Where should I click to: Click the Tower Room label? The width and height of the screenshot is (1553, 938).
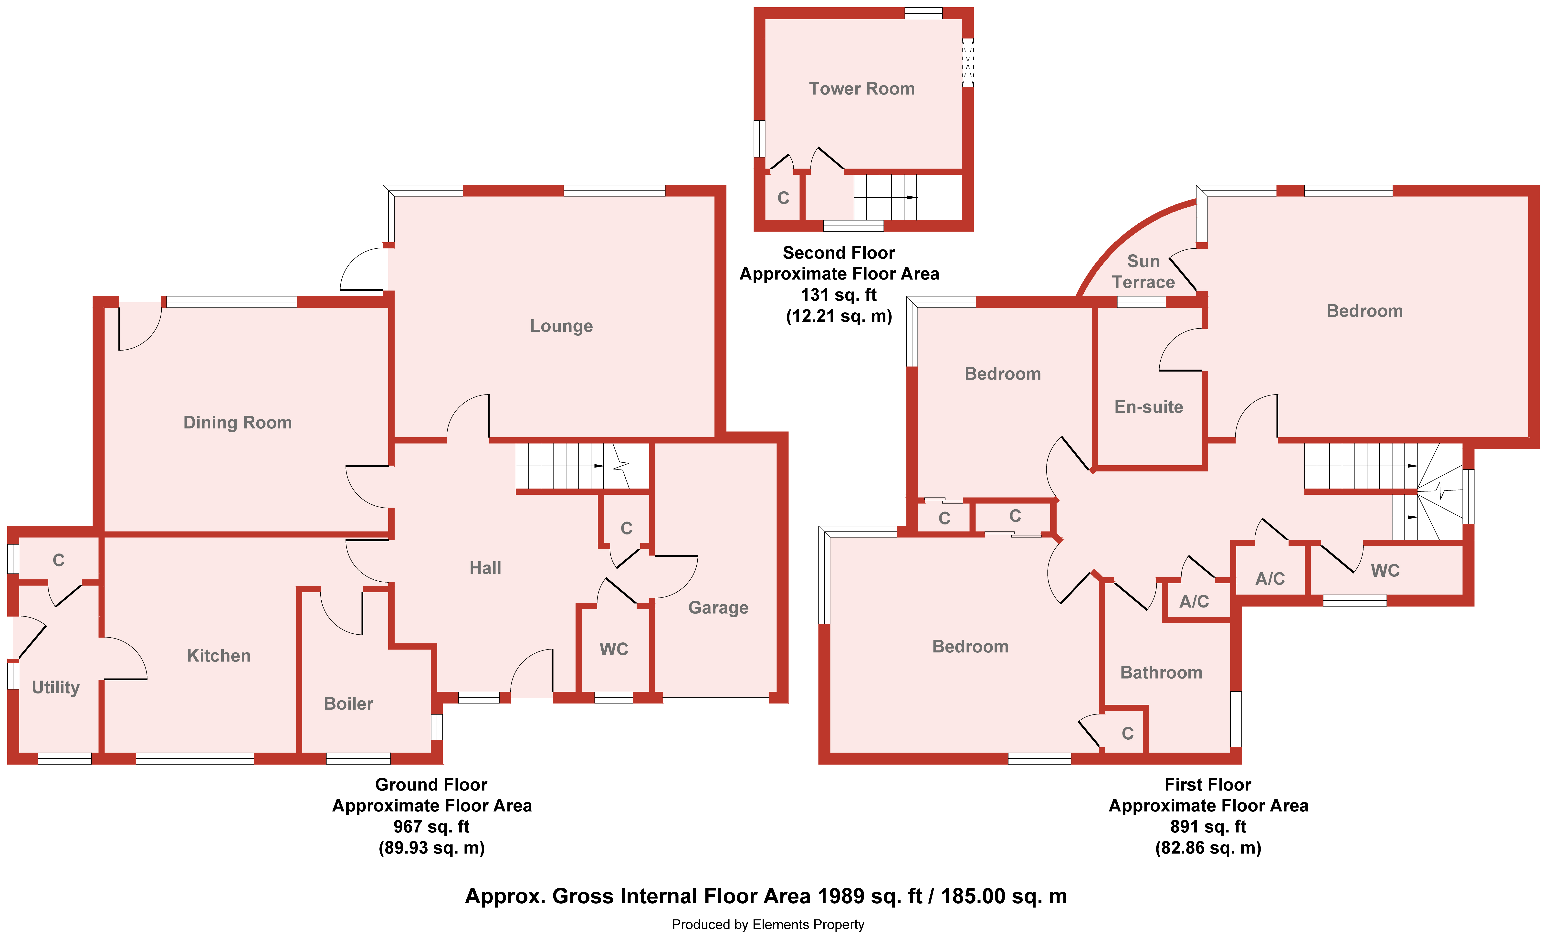coord(861,89)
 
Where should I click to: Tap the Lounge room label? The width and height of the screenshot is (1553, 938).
coord(561,326)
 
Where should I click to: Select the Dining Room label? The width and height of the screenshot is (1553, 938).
coord(238,422)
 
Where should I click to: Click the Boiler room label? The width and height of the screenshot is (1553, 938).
coord(348,703)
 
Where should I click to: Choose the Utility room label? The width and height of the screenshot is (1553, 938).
coord(56,687)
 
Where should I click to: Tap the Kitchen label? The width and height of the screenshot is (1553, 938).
coord(219,656)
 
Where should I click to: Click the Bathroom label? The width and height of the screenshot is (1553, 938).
coord(1161,673)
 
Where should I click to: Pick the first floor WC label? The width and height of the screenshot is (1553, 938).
coord(1385,570)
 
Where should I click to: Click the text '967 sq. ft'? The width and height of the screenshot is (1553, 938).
coord(432,826)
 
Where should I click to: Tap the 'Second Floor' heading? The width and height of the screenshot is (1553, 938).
coord(839,253)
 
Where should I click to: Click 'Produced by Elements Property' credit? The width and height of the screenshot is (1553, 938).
coord(768,925)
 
